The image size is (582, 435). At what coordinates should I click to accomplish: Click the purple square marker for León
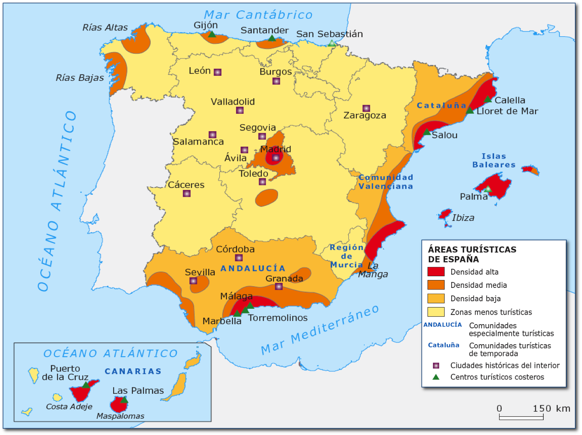point(217,72)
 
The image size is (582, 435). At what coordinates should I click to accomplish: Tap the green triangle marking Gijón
point(212,34)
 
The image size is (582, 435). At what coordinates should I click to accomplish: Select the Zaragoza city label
point(365,115)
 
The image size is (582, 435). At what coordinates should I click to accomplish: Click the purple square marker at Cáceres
point(187,193)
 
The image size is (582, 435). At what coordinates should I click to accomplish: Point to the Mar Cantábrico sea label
point(258,15)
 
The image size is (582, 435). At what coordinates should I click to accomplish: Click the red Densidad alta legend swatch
point(436,272)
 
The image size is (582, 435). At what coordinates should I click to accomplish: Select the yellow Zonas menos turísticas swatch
point(436,312)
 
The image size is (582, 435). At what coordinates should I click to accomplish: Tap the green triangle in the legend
point(436,377)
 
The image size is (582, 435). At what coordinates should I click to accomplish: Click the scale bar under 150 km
point(521,417)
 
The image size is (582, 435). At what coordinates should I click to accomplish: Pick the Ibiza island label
point(463,217)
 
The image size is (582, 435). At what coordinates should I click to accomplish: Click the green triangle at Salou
point(427,132)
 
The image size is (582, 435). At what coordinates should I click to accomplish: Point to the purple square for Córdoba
point(239,258)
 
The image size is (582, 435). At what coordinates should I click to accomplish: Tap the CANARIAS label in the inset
point(133,371)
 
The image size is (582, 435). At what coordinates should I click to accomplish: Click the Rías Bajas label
point(80,78)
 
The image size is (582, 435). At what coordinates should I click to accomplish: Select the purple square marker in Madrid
point(276,158)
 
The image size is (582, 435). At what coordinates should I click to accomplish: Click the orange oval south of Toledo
point(266,197)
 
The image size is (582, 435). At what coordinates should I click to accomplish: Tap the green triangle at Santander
point(272,38)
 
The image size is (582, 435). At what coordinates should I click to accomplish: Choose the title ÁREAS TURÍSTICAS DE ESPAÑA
point(472,254)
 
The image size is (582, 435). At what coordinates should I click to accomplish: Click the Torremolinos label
point(278,318)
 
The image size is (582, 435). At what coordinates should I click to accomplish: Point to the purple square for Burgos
point(276,81)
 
